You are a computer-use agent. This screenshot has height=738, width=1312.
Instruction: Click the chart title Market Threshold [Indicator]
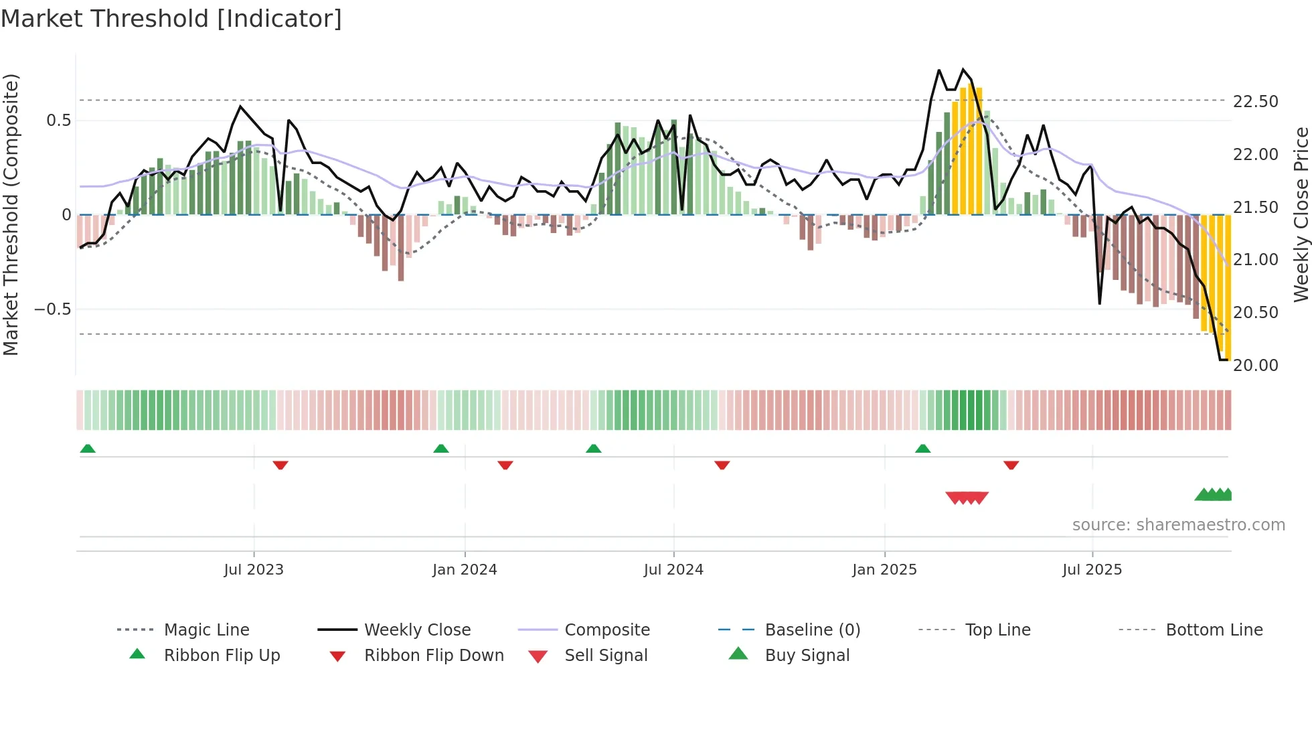(x=171, y=19)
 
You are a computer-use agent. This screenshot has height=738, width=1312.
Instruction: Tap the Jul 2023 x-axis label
(x=254, y=570)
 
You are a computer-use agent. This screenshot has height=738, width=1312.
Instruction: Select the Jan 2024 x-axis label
(x=465, y=570)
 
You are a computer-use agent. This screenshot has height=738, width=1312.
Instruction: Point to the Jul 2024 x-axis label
(x=673, y=570)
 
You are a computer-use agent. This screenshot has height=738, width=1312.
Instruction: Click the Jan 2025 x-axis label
(x=884, y=570)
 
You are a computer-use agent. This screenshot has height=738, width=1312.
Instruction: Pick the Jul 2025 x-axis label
(x=1092, y=570)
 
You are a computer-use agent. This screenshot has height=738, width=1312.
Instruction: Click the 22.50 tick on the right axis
(x=1255, y=102)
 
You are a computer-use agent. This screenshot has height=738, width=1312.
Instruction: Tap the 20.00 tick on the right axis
(x=1255, y=366)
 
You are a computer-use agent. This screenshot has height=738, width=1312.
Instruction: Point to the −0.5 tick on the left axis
(x=52, y=309)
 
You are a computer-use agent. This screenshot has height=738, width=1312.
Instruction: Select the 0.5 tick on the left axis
(x=58, y=121)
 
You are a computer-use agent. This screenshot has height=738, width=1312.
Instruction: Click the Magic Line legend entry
(x=206, y=630)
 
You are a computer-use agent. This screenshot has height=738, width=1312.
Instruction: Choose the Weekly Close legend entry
(x=417, y=630)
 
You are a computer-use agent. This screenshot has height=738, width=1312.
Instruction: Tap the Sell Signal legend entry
(x=606, y=656)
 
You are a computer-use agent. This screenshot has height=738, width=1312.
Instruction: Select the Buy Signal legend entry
(x=807, y=656)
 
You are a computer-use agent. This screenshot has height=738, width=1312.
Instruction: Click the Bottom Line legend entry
(x=1214, y=630)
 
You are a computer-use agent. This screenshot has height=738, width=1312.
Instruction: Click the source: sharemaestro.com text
(x=1178, y=525)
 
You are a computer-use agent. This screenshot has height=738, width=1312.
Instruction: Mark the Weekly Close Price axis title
(x=1301, y=214)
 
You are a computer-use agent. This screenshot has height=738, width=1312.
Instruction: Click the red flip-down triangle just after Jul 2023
(x=280, y=465)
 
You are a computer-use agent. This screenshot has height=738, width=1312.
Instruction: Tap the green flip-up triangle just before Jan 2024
(x=440, y=449)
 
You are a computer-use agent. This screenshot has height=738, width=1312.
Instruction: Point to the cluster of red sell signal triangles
(x=967, y=498)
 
